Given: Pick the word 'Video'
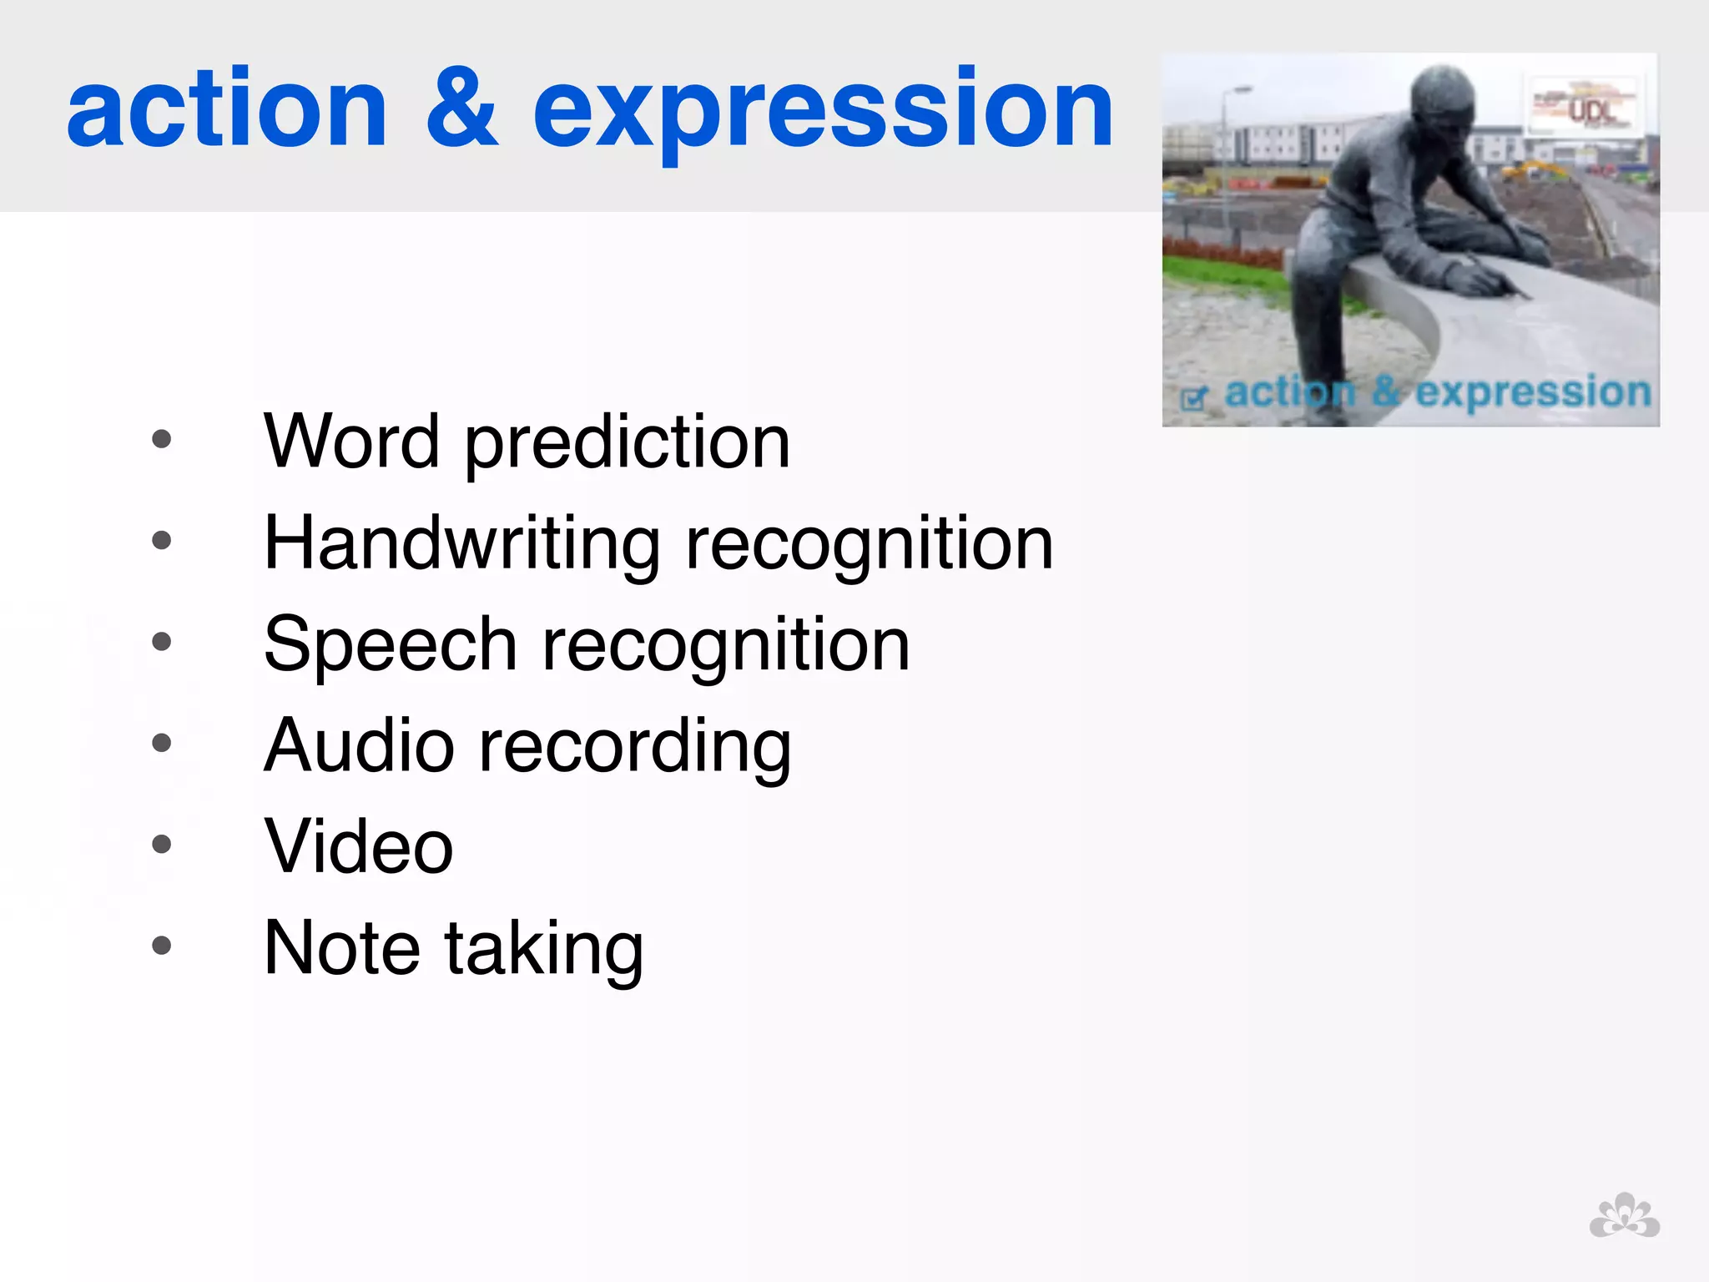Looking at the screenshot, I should [359, 846].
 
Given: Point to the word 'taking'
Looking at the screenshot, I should [543, 950].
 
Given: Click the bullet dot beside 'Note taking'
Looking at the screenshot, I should [162, 946].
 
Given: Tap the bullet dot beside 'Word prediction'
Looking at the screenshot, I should [162, 439].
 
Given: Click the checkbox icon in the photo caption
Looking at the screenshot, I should [1194, 398].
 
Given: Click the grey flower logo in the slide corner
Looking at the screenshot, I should [1624, 1216].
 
